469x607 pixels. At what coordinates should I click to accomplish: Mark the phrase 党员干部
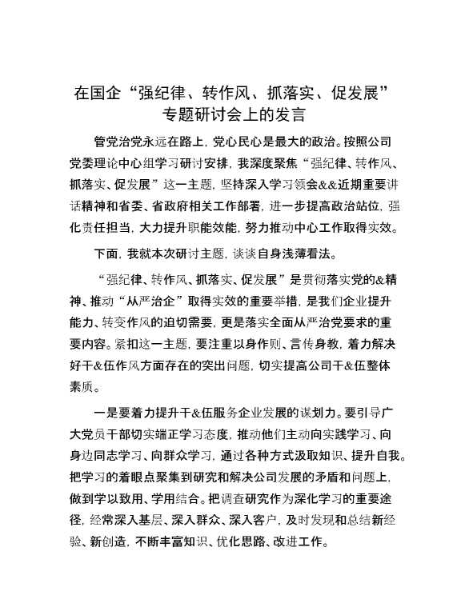[120, 437]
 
